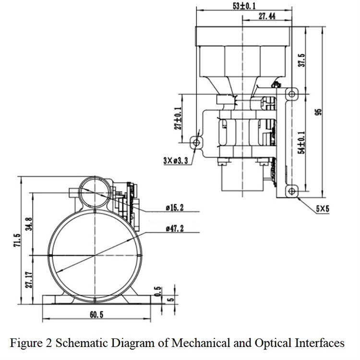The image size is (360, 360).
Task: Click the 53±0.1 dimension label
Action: (244, 6)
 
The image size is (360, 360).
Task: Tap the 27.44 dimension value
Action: (267, 16)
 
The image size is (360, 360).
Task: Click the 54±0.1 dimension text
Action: (302, 143)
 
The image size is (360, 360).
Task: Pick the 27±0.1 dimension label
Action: (178, 118)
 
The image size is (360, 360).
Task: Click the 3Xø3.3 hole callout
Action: (176, 160)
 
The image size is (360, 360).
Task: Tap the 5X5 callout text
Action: (323, 209)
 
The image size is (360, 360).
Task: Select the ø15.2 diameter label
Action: (175, 208)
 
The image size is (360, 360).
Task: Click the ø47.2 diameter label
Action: (175, 228)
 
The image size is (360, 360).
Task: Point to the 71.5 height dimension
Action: (17, 240)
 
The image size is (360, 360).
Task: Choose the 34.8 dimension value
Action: (29, 224)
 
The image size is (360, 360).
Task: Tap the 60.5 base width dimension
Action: (96, 314)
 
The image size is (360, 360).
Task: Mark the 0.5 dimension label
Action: (158, 291)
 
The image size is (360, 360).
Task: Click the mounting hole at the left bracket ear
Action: (196, 143)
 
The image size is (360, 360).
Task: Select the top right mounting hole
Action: (292, 94)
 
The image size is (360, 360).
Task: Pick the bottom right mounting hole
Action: (292, 191)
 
